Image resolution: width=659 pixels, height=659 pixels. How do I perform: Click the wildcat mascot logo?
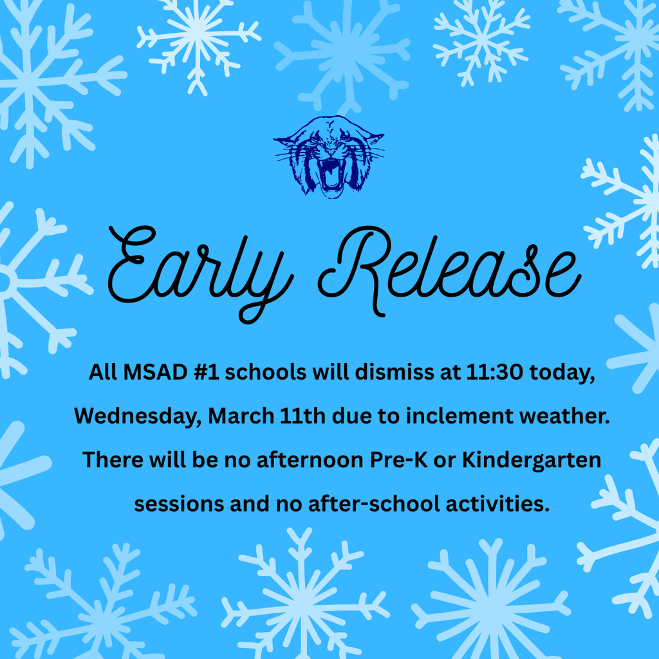(329, 156)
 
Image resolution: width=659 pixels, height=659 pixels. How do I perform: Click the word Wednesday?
(136, 416)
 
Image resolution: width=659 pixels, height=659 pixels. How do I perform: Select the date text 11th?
(303, 416)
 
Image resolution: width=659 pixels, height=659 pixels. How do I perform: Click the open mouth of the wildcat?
(331, 174)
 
